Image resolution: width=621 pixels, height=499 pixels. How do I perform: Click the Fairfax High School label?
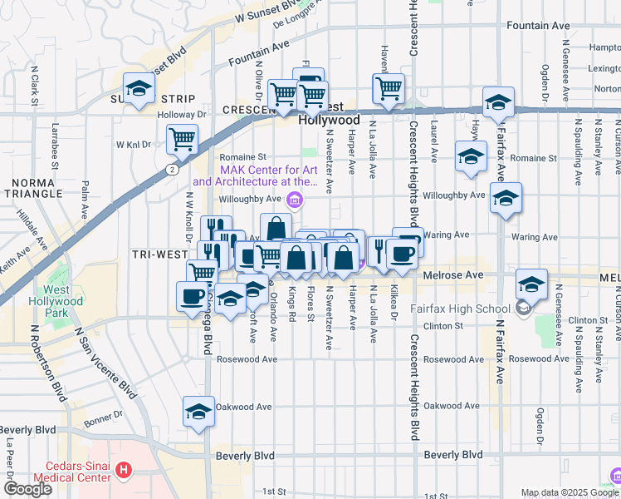pos(458,309)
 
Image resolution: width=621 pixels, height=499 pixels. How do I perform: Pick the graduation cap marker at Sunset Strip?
pos(139,89)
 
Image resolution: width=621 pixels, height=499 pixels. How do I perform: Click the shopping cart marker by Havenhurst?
pos(388,88)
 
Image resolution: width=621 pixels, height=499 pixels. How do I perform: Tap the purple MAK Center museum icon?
pos(293,200)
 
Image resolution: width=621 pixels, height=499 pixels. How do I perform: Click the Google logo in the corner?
pos(27,489)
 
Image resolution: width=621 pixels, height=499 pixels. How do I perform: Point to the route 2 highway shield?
pos(171,170)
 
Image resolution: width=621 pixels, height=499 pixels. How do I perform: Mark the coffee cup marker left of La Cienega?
pos(192,295)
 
